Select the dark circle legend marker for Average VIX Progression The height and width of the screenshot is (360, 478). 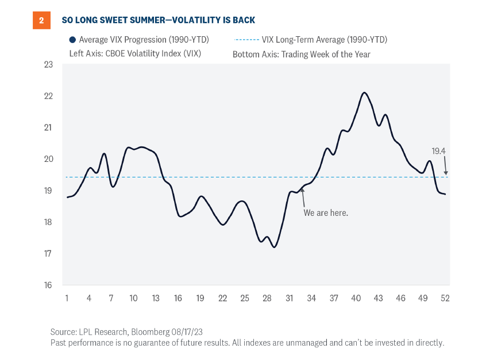point(72,40)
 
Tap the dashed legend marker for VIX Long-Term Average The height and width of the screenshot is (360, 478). point(246,40)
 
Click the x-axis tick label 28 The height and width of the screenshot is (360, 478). point(267,299)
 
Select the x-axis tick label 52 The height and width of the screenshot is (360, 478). point(445,299)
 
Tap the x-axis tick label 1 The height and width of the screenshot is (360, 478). point(67,299)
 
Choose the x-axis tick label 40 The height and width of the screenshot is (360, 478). point(356,299)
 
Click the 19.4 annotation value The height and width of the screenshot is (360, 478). point(439,152)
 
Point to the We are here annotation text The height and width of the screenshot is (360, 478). point(326,212)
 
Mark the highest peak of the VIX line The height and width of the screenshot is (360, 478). point(364,92)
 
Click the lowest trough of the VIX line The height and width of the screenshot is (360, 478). point(274,247)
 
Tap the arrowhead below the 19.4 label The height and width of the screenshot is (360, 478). point(446,172)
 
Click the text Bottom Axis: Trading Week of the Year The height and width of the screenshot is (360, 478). point(302,55)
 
